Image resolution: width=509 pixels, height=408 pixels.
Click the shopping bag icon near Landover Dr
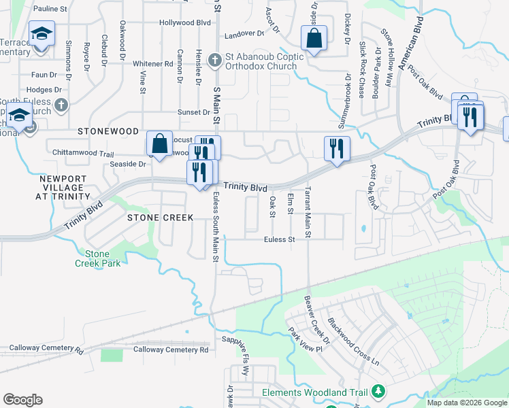tap(314, 39)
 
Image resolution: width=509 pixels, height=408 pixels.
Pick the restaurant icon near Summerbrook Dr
tap(337, 150)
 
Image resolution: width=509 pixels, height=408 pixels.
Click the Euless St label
tap(280, 239)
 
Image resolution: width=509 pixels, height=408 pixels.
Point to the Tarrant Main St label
tap(308, 213)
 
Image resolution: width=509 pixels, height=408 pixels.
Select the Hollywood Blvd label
tap(184, 22)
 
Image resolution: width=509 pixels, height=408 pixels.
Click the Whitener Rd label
tap(153, 64)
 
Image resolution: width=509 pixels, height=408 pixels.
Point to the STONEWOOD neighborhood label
tap(108, 131)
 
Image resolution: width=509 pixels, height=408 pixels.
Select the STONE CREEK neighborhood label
tap(161, 218)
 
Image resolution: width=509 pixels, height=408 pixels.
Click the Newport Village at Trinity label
tap(65, 188)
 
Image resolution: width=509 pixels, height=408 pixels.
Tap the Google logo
tap(22, 400)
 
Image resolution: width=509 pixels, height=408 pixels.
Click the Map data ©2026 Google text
tap(466, 403)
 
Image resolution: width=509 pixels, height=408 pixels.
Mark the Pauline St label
tap(50, 10)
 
